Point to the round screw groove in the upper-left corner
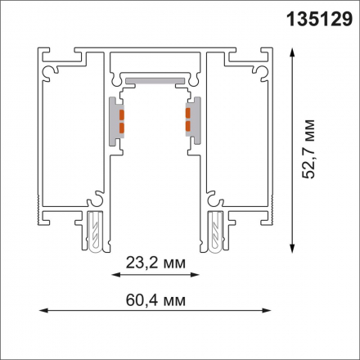click(x=55, y=74)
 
